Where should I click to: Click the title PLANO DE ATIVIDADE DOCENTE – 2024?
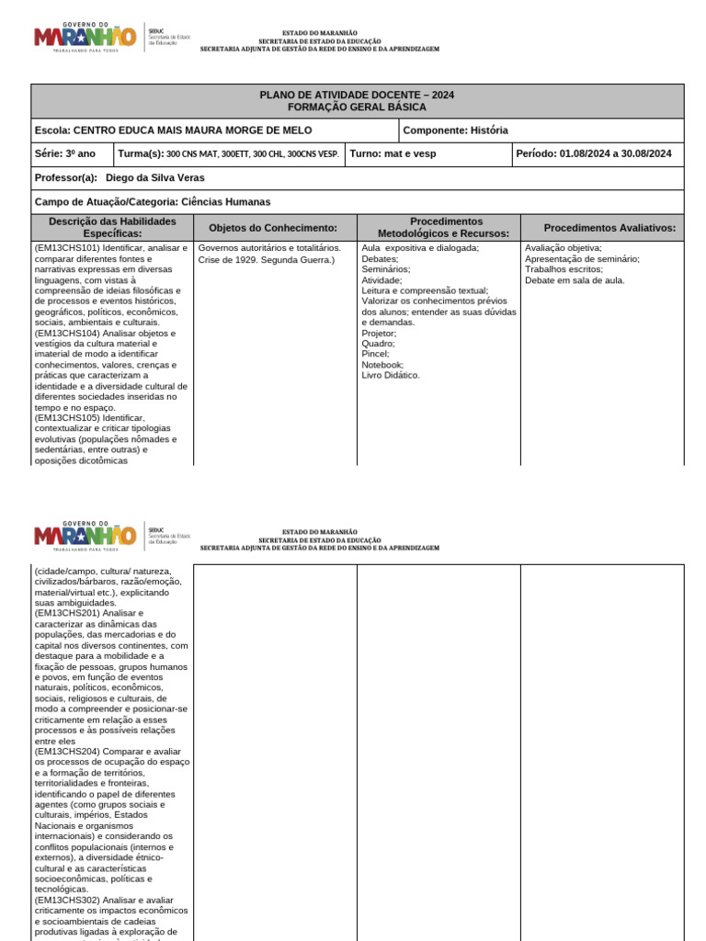coord(357,96)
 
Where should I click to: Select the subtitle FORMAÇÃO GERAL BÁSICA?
coord(357,108)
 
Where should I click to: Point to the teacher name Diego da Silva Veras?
coord(155,177)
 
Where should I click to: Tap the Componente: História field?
coord(455,130)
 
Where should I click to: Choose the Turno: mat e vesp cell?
coord(393,153)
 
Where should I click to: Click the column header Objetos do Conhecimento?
coord(274,228)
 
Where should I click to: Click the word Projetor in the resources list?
coord(379,334)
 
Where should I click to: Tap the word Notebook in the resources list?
coord(382,365)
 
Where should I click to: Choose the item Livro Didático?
coord(391,375)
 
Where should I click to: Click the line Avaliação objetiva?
coord(564,248)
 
